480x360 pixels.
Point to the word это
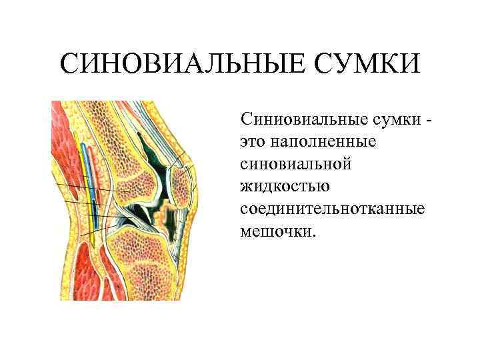click(253, 142)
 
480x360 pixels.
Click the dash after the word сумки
click(428, 120)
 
